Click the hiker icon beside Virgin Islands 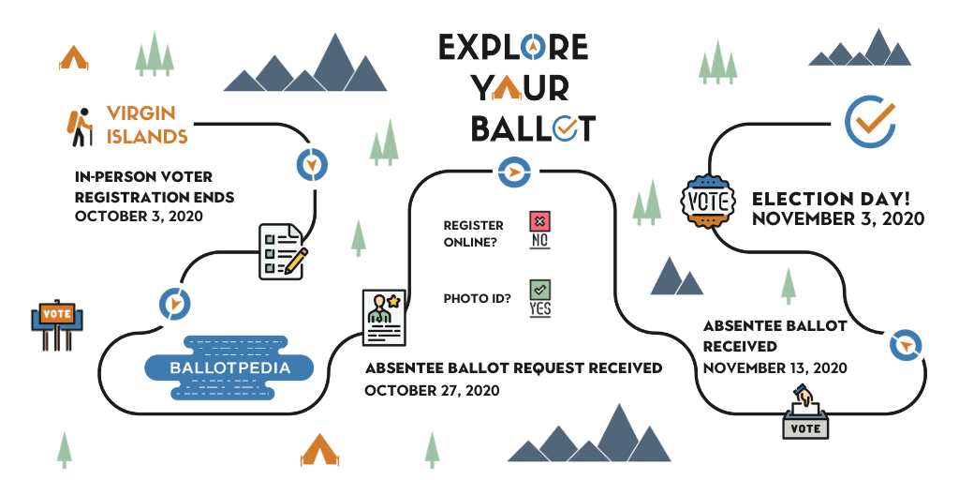(80, 127)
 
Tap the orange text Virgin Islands (147, 125)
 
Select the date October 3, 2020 (139, 217)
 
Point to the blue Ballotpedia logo (229, 367)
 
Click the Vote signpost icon (57, 324)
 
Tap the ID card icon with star (384, 318)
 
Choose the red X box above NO (539, 221)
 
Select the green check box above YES (539, 289)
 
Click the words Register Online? (474, 233)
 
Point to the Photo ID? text (478, 299)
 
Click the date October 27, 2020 (432, 390)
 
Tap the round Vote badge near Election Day (708, 202)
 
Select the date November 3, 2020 (838, 218)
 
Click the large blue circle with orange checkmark (870, 122)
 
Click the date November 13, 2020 (775, 367)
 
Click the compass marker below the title (514, 172)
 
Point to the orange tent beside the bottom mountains (319, 450)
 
